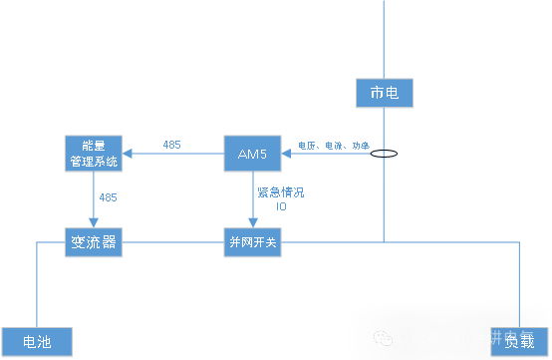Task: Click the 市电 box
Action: click(384, 94)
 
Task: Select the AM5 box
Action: click(252, 154)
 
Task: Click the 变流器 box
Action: click(94, 242)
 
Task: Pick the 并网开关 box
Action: click(252, 242)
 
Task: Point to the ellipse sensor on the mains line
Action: click(384, 155)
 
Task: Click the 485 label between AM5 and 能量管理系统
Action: click(171, 145)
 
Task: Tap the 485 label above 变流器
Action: click(108, 197)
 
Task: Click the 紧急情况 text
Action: click(280, 191)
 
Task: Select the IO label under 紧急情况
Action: click(280, 206)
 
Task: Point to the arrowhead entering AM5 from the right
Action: click(287, 154)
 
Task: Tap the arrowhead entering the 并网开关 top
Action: click(252, 223)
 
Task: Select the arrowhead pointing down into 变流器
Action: click(94, 223)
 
